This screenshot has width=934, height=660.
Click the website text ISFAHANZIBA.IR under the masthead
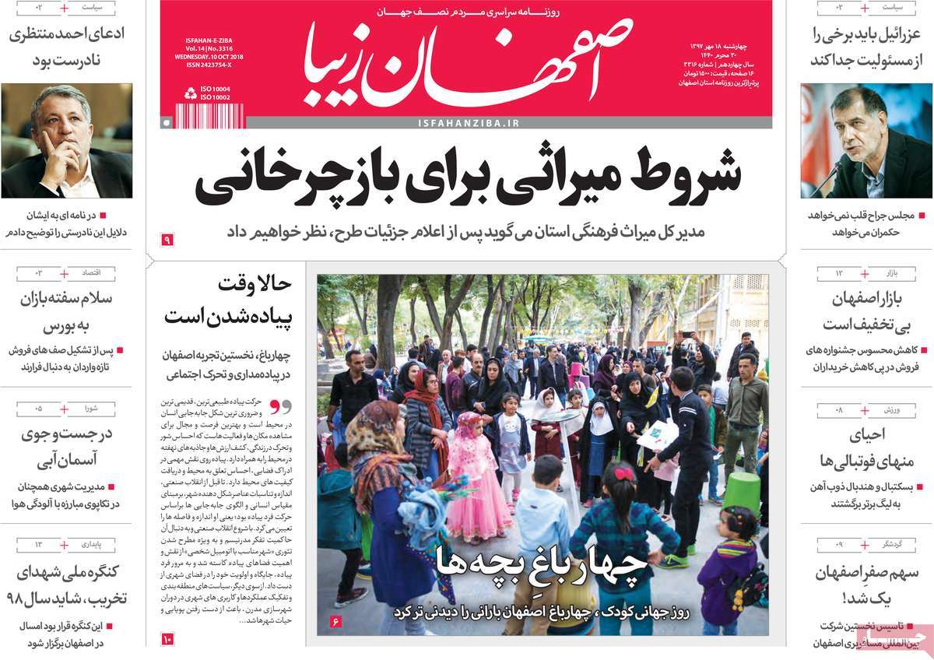tap(468, 123)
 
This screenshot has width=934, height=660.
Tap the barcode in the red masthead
tap(209, 115)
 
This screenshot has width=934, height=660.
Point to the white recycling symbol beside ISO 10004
tap(190, 93)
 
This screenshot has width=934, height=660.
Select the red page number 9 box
tap(167, 240)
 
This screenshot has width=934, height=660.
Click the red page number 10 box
tap(167, 639)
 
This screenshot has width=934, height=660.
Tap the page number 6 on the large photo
tap(336, 621)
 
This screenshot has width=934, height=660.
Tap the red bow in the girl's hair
tap(623, 473)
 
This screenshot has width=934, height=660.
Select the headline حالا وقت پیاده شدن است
tap(227, 300)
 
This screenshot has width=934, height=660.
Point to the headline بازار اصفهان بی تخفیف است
tap(860, 311)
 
